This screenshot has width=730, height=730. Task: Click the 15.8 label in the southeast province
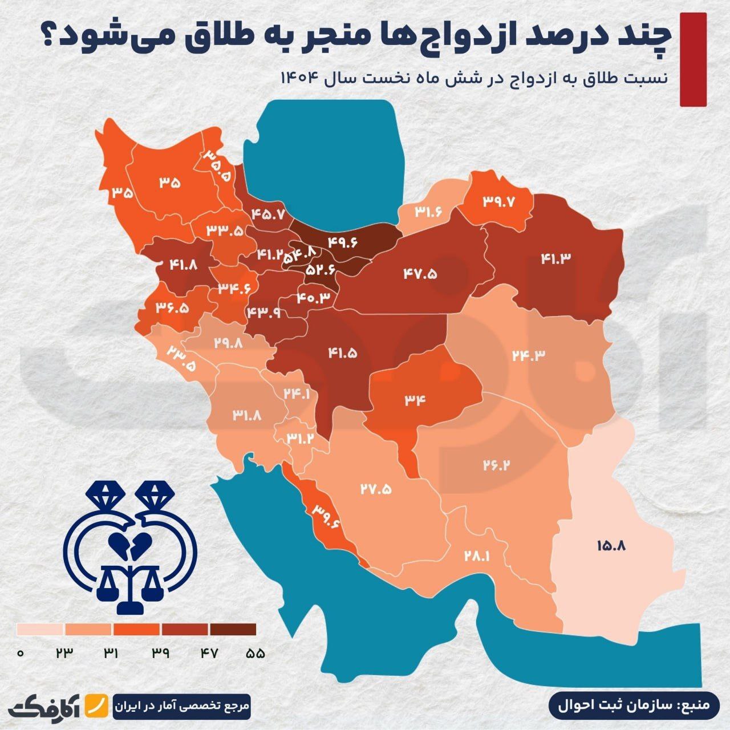point(611,545)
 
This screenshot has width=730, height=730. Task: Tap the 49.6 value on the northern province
point(342,242)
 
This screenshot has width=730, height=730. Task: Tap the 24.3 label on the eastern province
point(528,354)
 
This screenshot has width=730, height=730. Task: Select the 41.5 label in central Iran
point(342,353)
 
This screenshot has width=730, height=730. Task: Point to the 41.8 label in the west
point(184,264)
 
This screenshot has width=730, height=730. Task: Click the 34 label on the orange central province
point(416,399)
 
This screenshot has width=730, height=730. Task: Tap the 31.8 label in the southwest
point(247,415)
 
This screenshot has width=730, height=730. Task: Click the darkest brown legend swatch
point(233,629)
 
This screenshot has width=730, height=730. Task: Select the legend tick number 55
point(255,654)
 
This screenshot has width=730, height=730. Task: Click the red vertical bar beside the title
point(693,59)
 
